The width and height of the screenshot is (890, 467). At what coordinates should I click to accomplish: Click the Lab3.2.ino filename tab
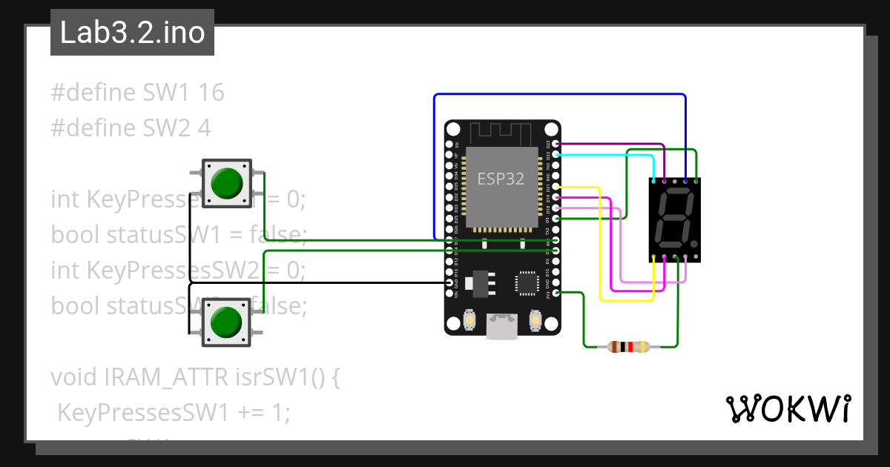pyautogui.click(x=132, y=33)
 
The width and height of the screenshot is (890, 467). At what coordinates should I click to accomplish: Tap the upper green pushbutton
pyautogui.click(x=227, y=183)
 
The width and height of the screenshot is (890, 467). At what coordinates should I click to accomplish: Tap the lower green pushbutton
pyautogui.click(x=227, y=322)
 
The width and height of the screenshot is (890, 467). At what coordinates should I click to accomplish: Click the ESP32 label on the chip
pyautogui.click(x=501, y=179)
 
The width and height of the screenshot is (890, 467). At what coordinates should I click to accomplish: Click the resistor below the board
pyautogui.click(x=627, y=346)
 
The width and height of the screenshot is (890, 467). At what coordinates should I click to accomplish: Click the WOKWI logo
pyautogui.click(x=788, y=408)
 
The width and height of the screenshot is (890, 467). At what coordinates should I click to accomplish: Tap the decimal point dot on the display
pyautogui.click(x=693, y=243)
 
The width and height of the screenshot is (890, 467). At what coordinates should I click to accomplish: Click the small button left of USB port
pyautogui.click(x=469, y=320)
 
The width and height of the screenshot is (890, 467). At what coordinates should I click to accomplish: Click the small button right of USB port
pyautogui.click(x=535, y=320)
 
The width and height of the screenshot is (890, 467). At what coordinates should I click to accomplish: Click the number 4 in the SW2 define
pyautogui.click(x=204, y=128)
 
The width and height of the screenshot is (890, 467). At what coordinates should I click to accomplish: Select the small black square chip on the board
pyautogui.click(x=527, y=282)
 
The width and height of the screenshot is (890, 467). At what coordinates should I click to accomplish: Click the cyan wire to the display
pyautogui.click(x=604, y=155)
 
